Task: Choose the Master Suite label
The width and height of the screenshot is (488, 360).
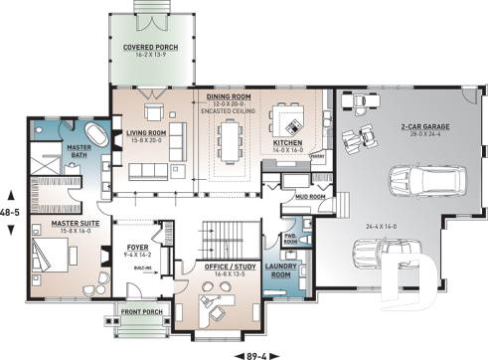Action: [57, 225]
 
